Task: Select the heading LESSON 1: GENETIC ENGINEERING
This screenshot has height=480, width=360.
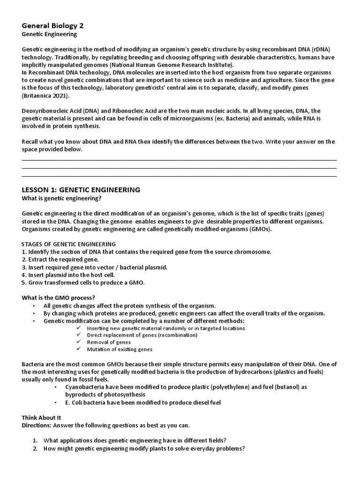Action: [x=81, y=190]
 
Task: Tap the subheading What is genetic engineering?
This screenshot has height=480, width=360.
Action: [x=63, y=199]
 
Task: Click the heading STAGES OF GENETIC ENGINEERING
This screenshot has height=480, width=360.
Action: [x=68, y=244]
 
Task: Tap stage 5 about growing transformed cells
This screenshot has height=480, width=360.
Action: [x=83, y=283]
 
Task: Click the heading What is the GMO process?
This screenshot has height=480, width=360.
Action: [x=58, y=298]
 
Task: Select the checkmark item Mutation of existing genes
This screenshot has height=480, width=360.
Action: [x=120, y=349]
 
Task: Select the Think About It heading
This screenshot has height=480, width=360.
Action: [x=41, y=417]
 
